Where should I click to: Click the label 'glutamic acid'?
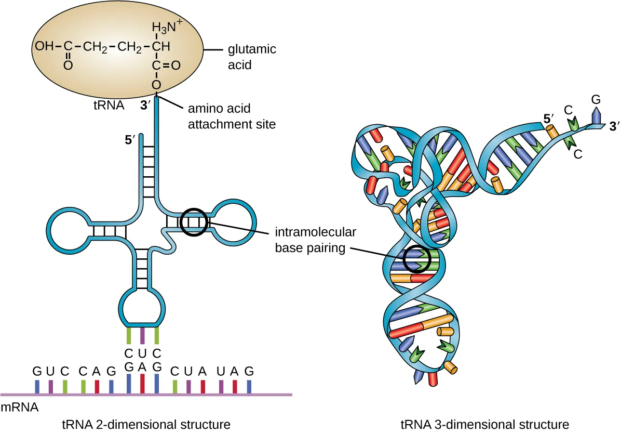click(252, 57)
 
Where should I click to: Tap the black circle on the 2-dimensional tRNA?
click(194, 222)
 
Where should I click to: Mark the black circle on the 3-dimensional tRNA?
click(417, 259)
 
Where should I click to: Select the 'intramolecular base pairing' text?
click(309, 240)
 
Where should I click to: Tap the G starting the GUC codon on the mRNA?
click(37, 372)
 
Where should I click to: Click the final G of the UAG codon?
click(249, 372)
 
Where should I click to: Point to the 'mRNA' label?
click(20, 408)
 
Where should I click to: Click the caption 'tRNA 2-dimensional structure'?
click(146, 424)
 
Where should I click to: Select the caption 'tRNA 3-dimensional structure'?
click(485, 424)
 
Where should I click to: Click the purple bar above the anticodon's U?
click(143, 335)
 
